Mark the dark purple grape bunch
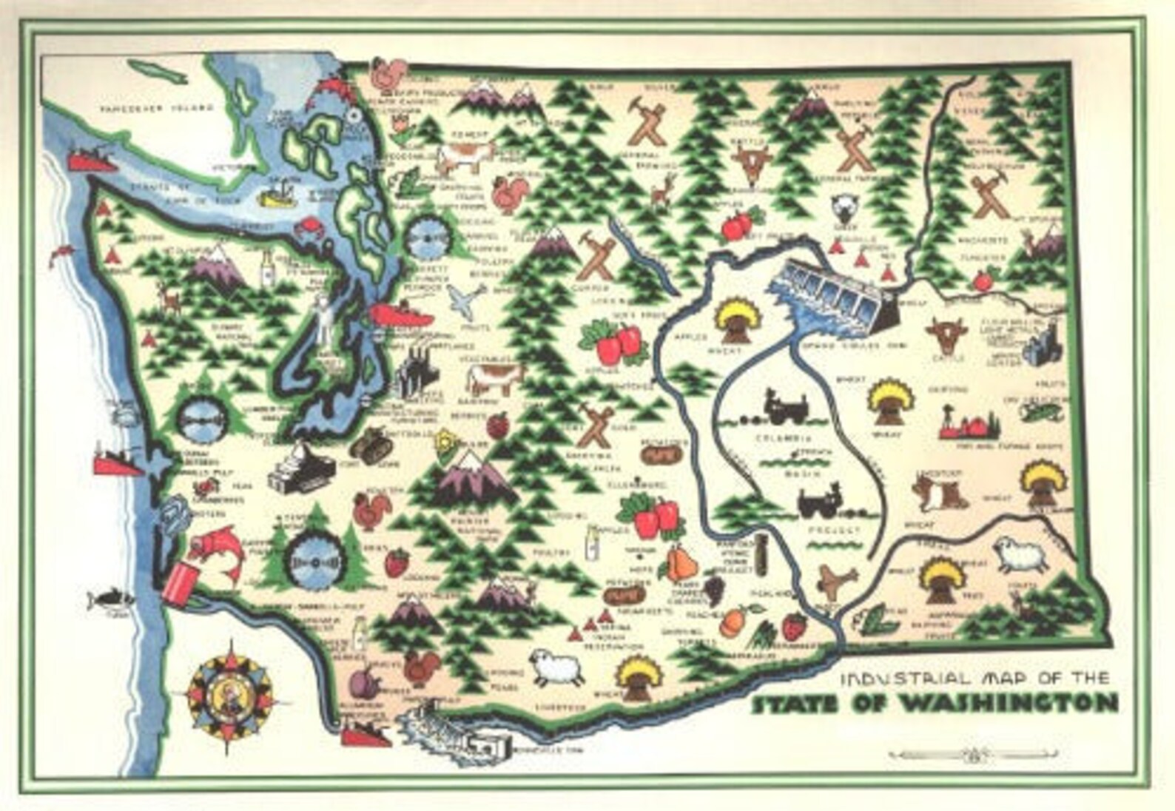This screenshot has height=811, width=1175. [x=714, y=590]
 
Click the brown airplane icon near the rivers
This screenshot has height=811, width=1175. [x=836, y=581]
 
